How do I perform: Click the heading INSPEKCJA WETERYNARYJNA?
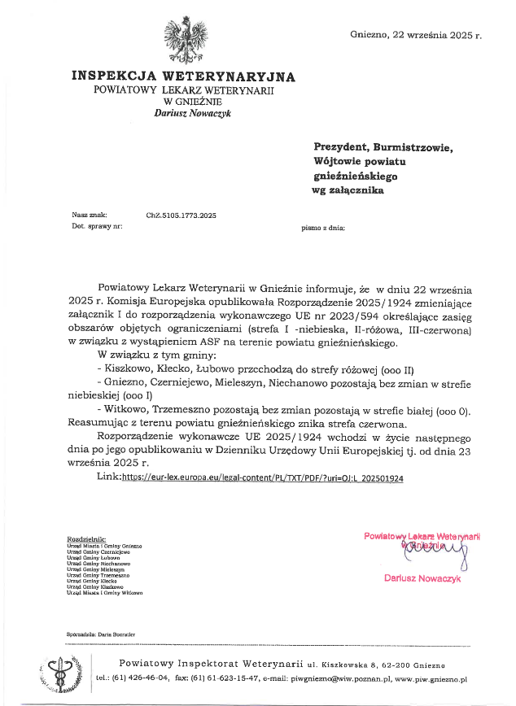[x=183, y=77]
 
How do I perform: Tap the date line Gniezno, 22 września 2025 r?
[x=416, y=35]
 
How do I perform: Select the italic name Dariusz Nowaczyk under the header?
[x=193, y=114]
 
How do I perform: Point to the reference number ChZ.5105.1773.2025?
[x=181, y=216]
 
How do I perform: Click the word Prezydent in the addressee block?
[x=339, y=147]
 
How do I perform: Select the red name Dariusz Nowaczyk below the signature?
[x=422, y=577]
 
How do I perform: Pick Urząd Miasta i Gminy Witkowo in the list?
[x=105, y=593]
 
